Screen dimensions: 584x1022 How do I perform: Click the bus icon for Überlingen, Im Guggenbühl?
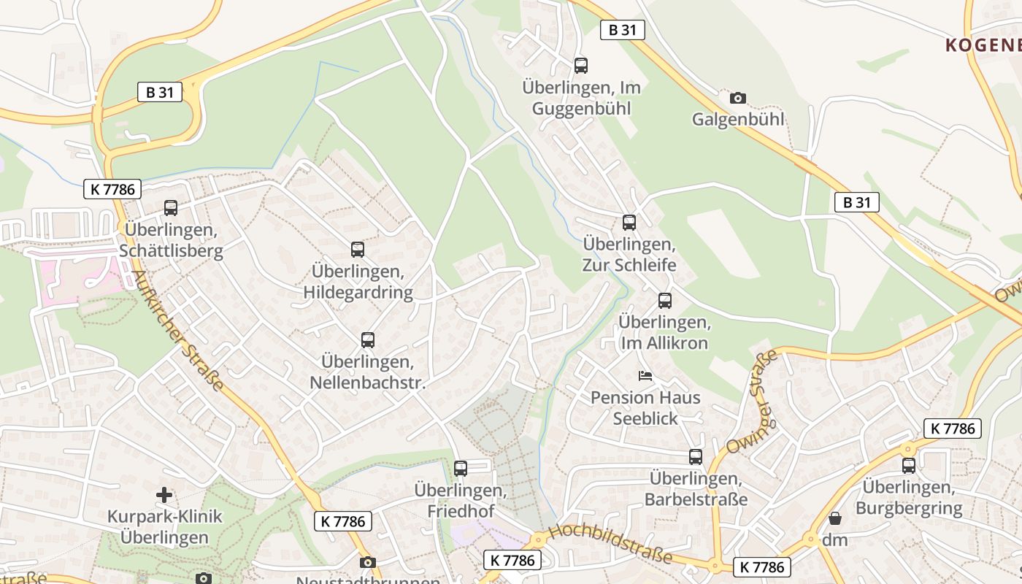tap(581, 66)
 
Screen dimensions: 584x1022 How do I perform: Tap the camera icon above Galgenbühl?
tap(738, 98)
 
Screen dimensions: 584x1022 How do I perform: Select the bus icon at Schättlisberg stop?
tap(171, 208)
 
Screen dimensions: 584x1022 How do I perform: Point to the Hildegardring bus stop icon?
tap(358, 250)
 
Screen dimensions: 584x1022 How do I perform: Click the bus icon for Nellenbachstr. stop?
tap(368, 340)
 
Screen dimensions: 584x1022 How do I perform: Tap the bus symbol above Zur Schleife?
tap(629, 223)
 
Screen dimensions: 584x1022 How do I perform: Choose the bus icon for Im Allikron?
tap(665, 301)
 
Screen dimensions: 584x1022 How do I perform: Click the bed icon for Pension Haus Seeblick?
tap(645, 376)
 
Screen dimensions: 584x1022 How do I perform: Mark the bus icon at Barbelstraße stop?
tap(696, 457)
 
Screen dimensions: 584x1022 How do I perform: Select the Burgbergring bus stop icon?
tap(909, 466)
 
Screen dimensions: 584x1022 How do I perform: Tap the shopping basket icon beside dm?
tap(835, 518)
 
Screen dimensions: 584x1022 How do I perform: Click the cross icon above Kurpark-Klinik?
tap(164, 495)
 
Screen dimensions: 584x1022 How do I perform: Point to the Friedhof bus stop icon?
tap(461, 469)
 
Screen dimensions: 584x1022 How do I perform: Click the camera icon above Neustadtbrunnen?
tap(368, 562)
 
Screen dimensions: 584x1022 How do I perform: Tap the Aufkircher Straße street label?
tap(177, 331)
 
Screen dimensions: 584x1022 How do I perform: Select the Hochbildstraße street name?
tap(610, 543)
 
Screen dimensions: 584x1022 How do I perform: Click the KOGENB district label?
tap(983, 45)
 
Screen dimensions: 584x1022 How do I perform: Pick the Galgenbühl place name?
tap(738, 119)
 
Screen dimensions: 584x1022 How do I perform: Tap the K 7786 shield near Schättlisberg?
tap(112, 189)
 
